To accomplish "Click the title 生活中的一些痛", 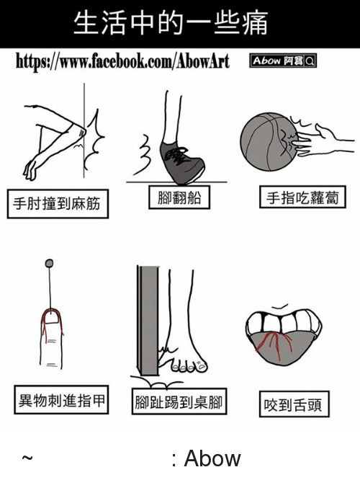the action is [x=171, y=23].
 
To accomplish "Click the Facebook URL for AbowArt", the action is [x=122, y=61].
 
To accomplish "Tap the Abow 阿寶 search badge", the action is [x=283, y=61].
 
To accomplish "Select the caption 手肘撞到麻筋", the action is [x=58, y=203].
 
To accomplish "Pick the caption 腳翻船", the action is [x=179, y=197].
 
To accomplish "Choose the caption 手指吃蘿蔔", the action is [x=302, y=197].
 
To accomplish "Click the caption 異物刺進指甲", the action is [x=61, y=400].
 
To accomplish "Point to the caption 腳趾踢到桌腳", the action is [x=179, y=401].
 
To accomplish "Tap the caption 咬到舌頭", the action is [x=294, y=404].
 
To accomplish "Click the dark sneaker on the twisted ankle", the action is [x=181, y=162].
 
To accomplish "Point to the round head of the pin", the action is [x=49, y=263].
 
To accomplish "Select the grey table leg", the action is [x=148, y=320].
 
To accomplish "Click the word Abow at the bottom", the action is [x=212, y=458].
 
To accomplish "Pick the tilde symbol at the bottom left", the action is [x=27, y=458].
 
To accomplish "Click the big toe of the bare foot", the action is [x=202, y=365].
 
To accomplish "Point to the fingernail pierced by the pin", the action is [x=52, y=316].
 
